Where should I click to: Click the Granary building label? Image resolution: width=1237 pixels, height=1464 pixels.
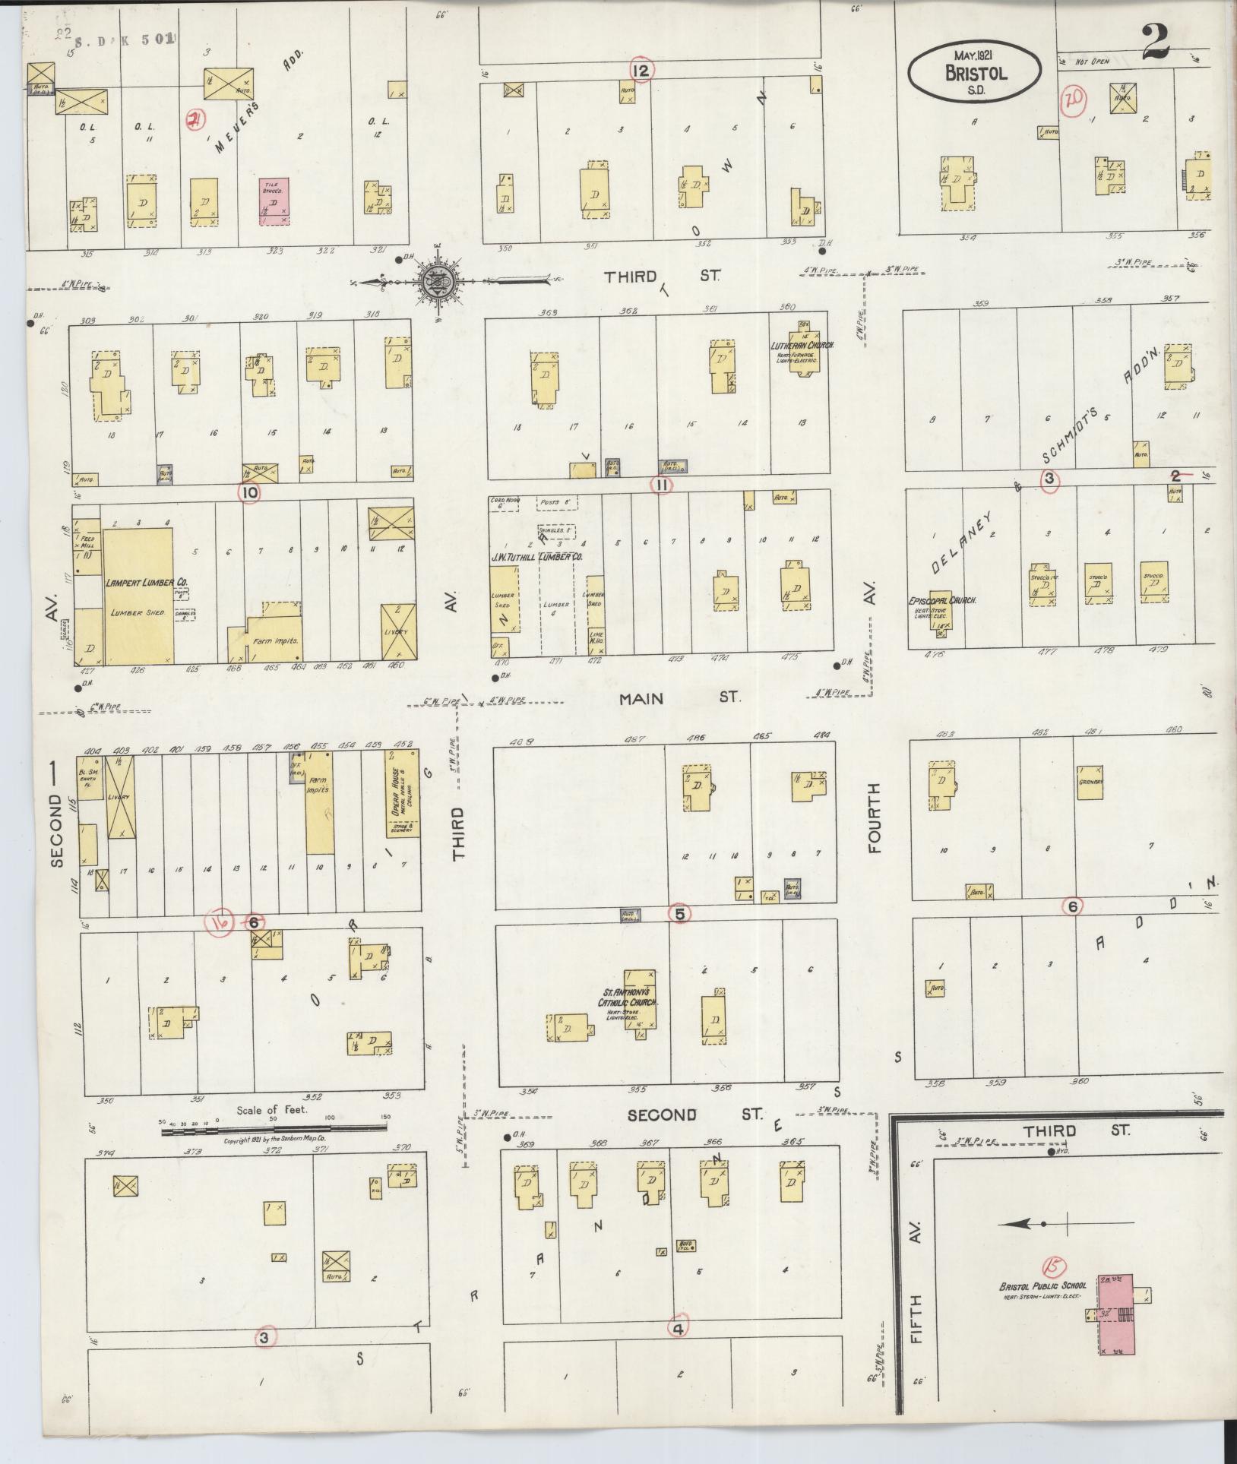[x=1090, y=783]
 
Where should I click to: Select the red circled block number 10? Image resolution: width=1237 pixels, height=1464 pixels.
[x=248, y=492]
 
